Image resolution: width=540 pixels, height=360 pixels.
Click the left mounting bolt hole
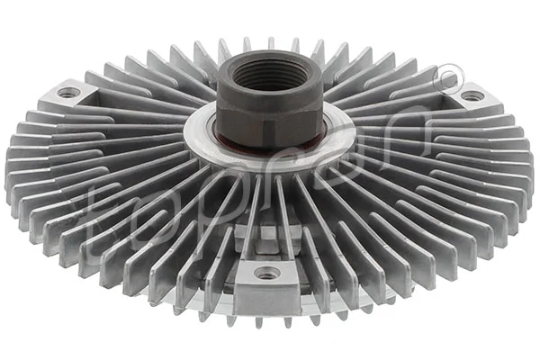tap(68, 92)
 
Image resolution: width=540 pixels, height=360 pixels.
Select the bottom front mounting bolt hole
tap(266, 273)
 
